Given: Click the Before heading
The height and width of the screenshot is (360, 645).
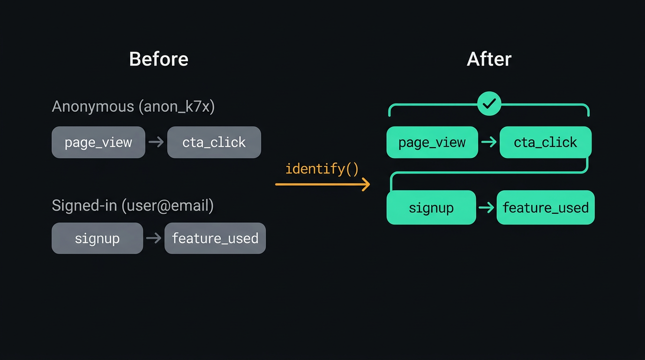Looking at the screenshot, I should point(158,60).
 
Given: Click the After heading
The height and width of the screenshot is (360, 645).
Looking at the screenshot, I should point(489,60).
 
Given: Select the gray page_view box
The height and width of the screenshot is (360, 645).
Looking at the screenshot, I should point(98,142).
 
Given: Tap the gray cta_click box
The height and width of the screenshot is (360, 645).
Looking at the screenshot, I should point(214,142).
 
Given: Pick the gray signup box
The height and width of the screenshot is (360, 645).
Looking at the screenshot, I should point(97,238).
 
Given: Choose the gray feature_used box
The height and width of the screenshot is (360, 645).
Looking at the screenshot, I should point(215,238).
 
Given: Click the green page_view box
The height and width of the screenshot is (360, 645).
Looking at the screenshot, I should point(432,142).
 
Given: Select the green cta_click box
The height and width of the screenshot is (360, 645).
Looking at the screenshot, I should point(546,142).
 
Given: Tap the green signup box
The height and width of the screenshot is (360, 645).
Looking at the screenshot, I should point(431,207).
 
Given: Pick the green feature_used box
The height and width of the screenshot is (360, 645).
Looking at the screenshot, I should point(546,207).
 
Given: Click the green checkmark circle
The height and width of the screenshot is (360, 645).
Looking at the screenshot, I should point(489,104).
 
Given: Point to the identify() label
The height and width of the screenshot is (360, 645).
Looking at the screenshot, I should point(322,169).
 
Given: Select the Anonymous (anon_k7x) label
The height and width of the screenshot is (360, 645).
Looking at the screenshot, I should point(133,106).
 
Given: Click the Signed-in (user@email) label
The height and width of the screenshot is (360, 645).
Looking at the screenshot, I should point(133,205).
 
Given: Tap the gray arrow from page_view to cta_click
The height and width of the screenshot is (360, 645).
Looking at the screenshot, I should point(156,142).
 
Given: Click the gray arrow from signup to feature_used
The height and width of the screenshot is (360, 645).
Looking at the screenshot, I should point(154,238).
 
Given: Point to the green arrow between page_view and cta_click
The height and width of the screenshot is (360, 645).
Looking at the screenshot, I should point(489,142).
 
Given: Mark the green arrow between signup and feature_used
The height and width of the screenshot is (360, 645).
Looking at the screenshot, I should point(486,207).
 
